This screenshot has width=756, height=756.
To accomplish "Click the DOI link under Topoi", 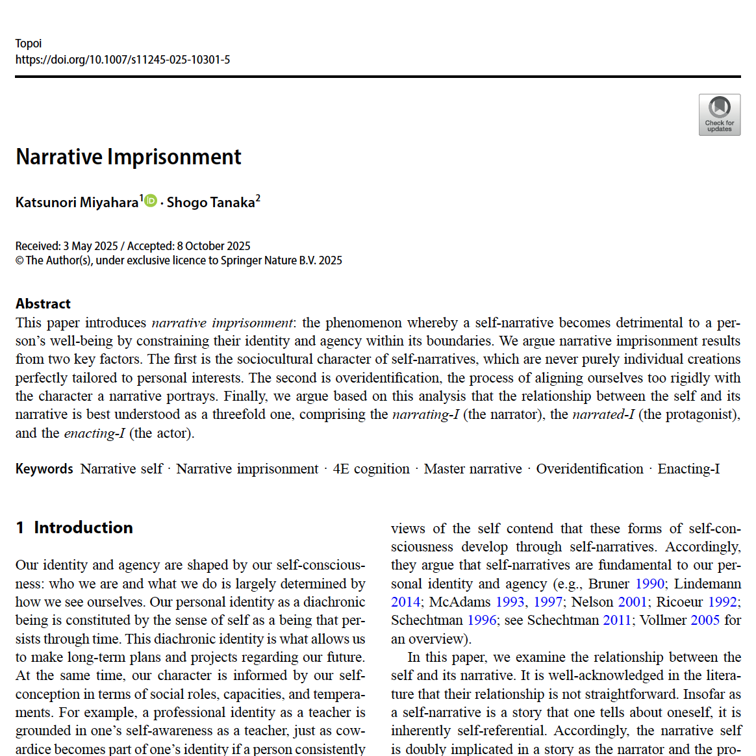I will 123,60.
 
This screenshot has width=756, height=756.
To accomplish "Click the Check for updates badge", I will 719,114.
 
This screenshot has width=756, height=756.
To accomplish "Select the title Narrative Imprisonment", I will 129,157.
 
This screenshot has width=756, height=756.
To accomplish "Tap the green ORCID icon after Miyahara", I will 151,201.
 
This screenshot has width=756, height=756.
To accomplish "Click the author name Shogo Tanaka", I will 210,203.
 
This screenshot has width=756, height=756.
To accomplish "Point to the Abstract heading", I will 43,304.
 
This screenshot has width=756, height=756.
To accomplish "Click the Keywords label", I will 44,469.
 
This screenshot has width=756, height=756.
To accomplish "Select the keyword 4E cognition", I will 371,469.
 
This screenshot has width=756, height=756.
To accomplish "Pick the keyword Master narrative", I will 473,469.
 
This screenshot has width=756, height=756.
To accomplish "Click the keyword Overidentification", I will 589,469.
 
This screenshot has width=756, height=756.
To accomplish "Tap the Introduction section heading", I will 83,527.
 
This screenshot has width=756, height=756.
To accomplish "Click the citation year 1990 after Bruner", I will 649,583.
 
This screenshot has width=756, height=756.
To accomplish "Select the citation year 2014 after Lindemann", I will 406,602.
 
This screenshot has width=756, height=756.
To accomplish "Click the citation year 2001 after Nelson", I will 632,602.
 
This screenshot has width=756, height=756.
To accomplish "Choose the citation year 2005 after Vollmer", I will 705,620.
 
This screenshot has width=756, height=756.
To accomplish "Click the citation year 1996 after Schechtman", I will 482,620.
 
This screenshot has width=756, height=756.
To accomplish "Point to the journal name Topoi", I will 29,44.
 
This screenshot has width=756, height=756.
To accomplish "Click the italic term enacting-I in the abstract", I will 94,433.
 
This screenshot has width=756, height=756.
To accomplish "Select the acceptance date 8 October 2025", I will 214,246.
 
